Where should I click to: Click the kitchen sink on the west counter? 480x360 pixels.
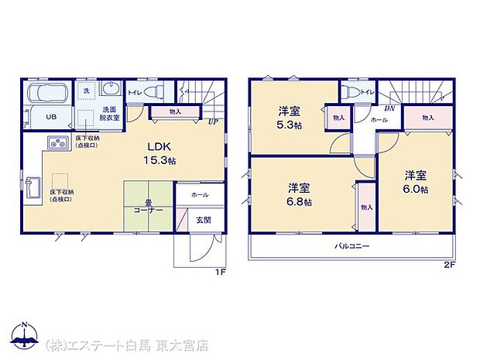[33, 187]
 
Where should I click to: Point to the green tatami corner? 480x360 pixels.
[148, 205]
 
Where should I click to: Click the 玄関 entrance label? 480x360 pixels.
[201, 220]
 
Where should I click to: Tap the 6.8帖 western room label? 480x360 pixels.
[300, 194]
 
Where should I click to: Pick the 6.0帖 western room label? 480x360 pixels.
[416, 180]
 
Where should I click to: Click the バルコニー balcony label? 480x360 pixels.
[351, 246]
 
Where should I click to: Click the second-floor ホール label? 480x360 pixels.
[379, 120]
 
